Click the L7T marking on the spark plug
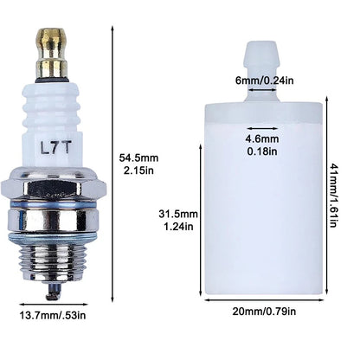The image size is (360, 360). (55, 148)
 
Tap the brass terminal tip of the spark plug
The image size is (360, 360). (51, 53)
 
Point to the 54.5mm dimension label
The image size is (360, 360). (138, 157)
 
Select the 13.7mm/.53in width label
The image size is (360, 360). (53, 315)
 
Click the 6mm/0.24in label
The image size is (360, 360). (265, 80)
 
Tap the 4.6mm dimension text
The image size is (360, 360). (262, 138)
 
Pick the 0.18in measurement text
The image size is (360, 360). (262, 151)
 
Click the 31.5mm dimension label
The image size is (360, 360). (178, 214)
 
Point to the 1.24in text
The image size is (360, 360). (178, 227)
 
